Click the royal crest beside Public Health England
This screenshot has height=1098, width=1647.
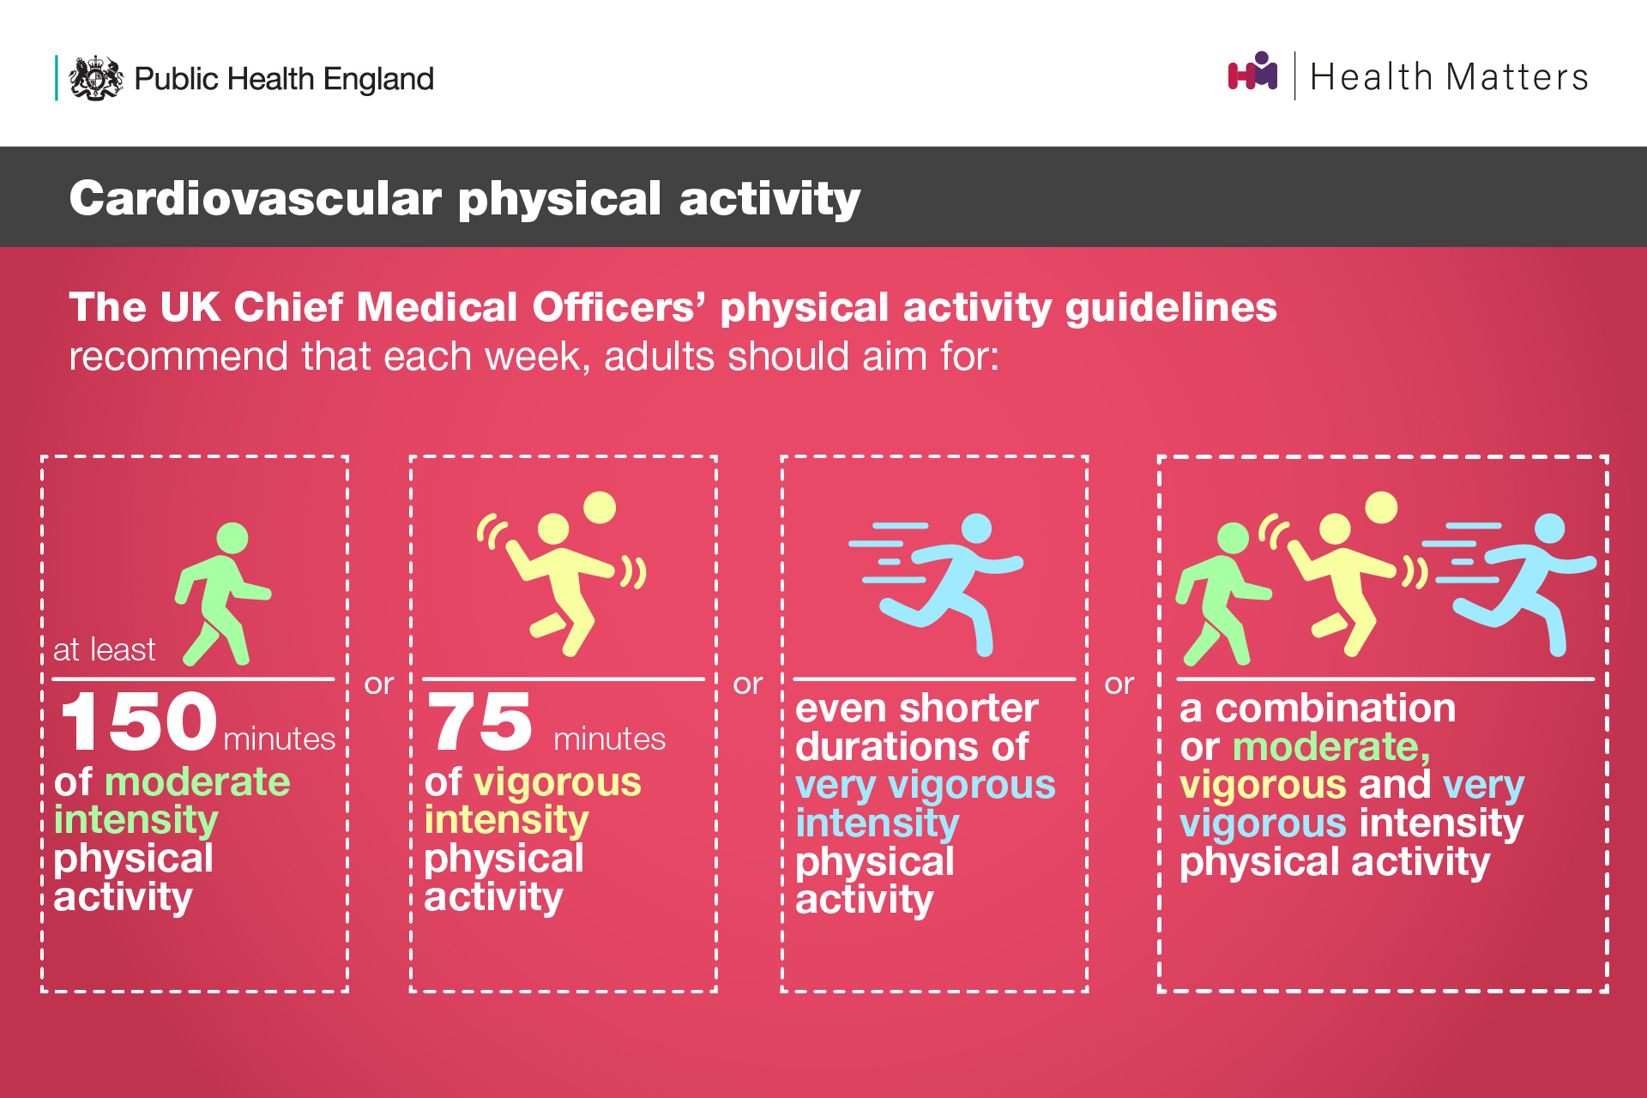[x=96, y=78]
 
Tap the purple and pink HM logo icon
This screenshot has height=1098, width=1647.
[x=1252, y=71]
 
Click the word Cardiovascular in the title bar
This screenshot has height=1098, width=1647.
[x=256, y=198]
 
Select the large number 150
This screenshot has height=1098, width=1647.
[x=139, y=721]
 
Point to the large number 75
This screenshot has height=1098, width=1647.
[x=480, y=721]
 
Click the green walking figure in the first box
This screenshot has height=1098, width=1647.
[x=223, y=594]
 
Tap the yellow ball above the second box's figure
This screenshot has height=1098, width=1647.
[x=600, y=507]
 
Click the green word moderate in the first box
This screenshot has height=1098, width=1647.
[x=197, y=782]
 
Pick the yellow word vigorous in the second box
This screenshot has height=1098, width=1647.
[x=558, y=782]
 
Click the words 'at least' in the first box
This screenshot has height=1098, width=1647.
[x=104, y=649]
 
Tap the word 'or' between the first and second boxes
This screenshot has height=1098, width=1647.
[x=379, y=684]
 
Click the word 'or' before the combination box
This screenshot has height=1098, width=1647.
[x=1119, y=684]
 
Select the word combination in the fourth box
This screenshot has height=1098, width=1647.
[x=1336, y=709]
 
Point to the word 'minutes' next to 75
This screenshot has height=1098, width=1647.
[x=610, y=739]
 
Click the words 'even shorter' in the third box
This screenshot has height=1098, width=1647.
[x=917, y=709]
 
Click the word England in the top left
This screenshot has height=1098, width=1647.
[x=378, y=79]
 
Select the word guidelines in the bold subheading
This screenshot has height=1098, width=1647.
[x=1171, y=307]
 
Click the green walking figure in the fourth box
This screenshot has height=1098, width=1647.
[x=1222, y=594]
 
